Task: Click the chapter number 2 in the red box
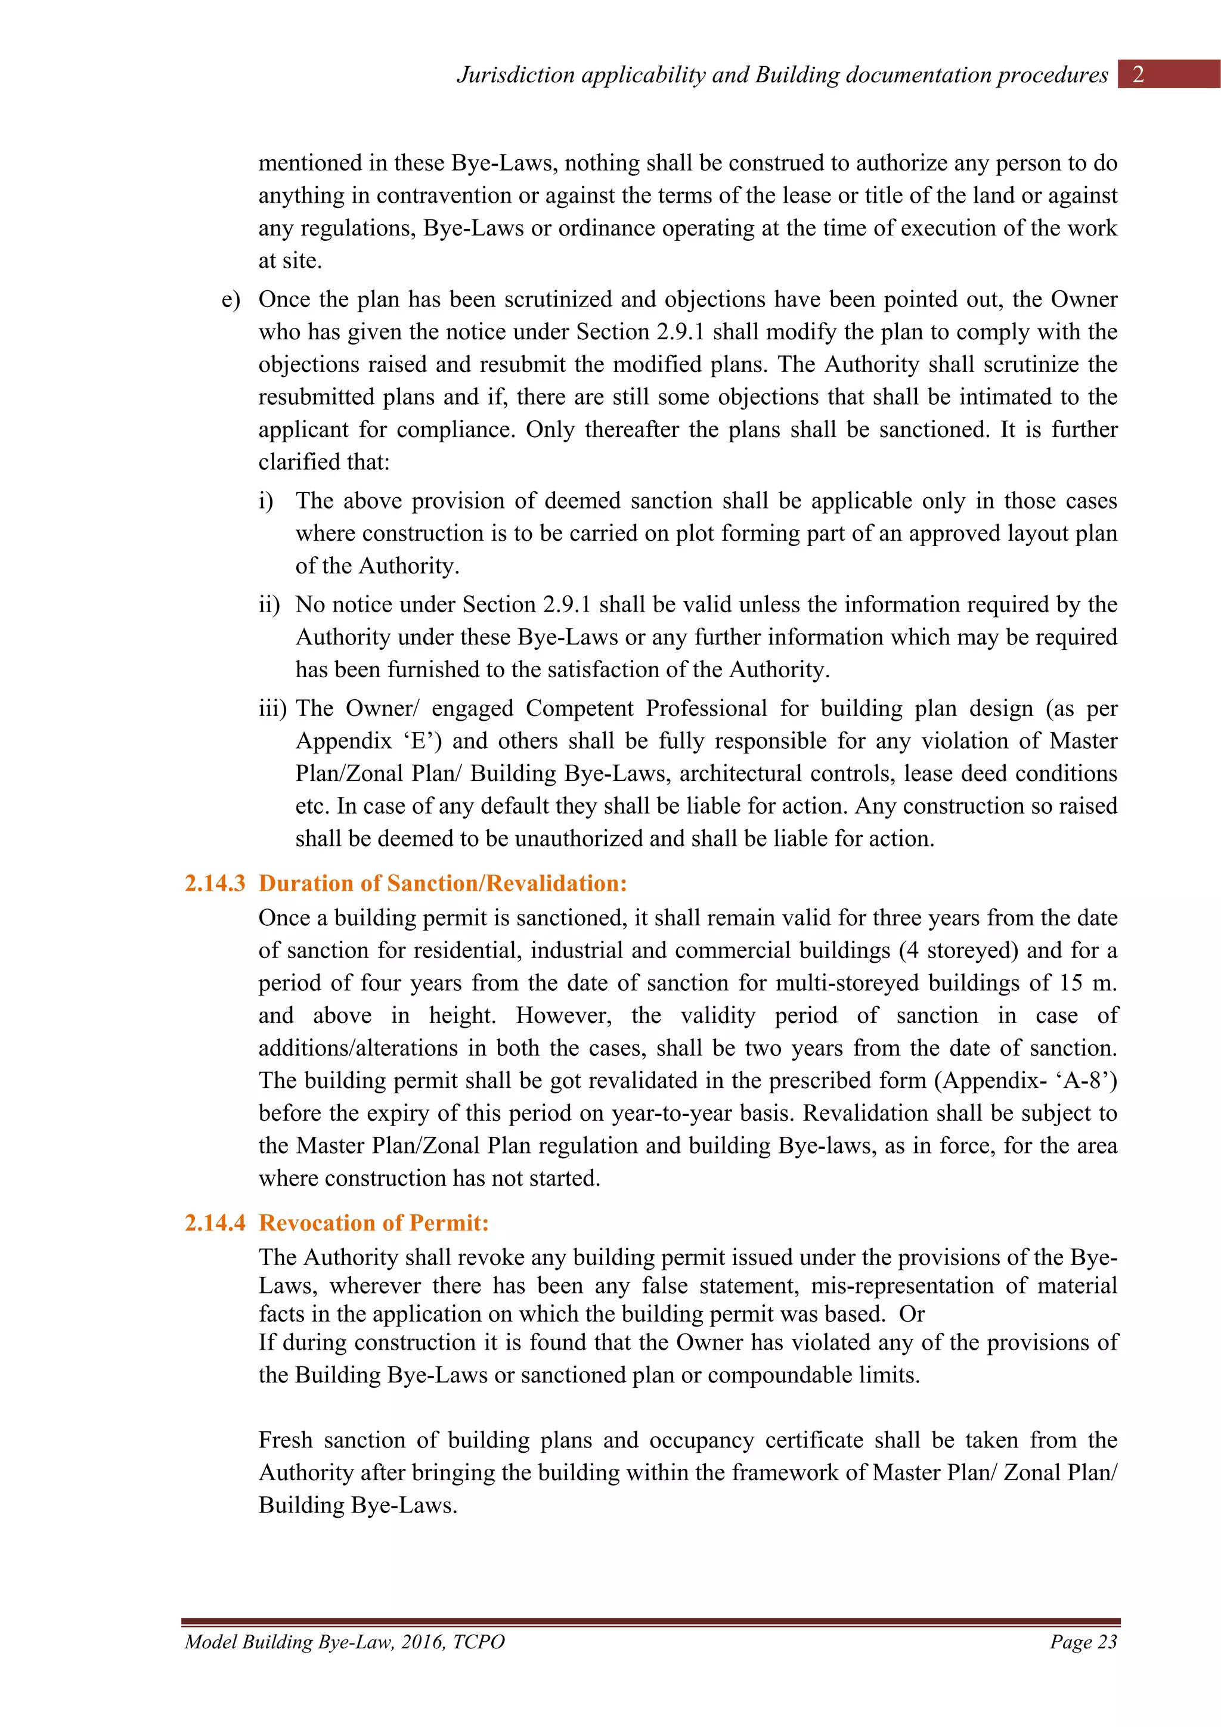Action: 1138,75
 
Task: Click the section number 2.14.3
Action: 215,883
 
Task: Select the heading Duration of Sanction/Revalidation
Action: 442,883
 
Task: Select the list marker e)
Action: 230,299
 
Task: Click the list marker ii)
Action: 269,604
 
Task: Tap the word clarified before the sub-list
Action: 299,462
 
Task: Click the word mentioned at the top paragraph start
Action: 311,163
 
